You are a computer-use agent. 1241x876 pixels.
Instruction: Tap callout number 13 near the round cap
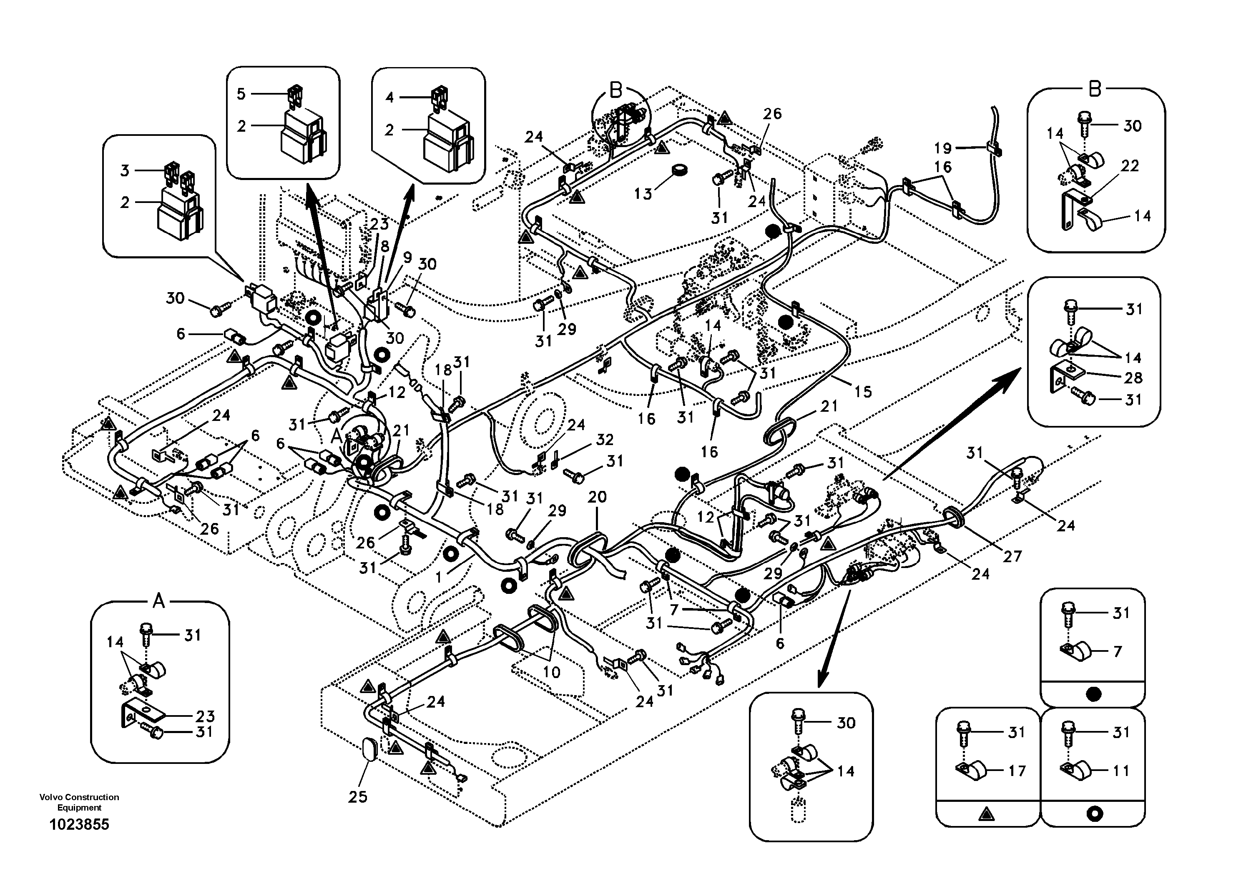coord(643,193)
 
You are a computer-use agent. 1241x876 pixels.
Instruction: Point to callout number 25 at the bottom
coord(358,796)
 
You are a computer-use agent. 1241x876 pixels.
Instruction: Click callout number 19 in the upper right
coord(943,148)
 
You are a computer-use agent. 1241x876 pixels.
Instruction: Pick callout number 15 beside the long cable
coord(863,392)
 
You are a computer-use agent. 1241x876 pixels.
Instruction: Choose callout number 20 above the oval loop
coord(597,497)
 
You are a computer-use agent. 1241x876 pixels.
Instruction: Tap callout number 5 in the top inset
coord(241,94)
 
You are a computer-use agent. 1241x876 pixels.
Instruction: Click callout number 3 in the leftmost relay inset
coord(125,171)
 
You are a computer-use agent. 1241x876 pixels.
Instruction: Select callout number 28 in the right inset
coord(1133,378)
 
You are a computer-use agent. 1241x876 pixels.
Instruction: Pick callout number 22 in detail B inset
coord(1130,166)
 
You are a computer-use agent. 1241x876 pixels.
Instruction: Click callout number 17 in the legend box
coord(1017,771)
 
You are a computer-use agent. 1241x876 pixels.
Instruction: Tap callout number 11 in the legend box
coord(1122,771)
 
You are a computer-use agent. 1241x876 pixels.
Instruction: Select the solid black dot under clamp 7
coord(1093,694)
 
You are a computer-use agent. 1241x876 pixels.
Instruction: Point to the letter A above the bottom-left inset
coord(158,600)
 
